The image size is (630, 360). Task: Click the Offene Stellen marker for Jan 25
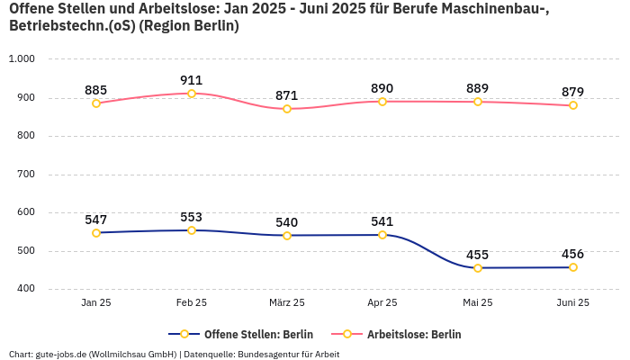click(96, 233)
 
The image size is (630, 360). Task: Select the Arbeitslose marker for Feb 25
click(192, 94)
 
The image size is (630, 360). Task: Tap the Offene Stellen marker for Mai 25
click(478, 268)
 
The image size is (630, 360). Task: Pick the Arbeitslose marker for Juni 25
click(573, 105)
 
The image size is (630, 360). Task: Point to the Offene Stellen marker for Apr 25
click(382, 235)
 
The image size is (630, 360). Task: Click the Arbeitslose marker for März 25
click(287, 109)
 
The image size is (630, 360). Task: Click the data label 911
click(192, 80)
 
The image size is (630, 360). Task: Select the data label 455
click(478, 255)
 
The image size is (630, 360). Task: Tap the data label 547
click(96, 220)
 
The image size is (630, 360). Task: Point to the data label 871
click(287, 95)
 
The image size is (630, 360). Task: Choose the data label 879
click(573, 92)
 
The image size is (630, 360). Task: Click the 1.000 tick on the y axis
click(21, 58)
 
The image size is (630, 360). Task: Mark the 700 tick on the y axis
click(24, 174)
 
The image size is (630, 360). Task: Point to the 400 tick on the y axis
click(24, 289)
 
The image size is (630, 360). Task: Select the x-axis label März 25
click(287, 303)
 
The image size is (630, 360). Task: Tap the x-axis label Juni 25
click(573, 303)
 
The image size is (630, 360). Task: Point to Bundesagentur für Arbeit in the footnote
click(288, 355)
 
